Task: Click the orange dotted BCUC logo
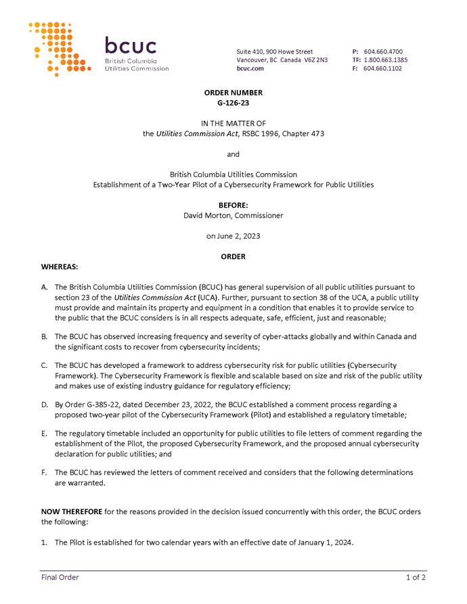point(60,47)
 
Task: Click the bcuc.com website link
point(250,68)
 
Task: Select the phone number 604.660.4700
point(383,51)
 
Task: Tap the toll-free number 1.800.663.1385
point(385,60)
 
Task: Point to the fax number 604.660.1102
point(382,68)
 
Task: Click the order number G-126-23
point(233,103)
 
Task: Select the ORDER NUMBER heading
point(233,93)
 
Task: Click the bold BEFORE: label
point(233,205)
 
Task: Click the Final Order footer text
point(60,577)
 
